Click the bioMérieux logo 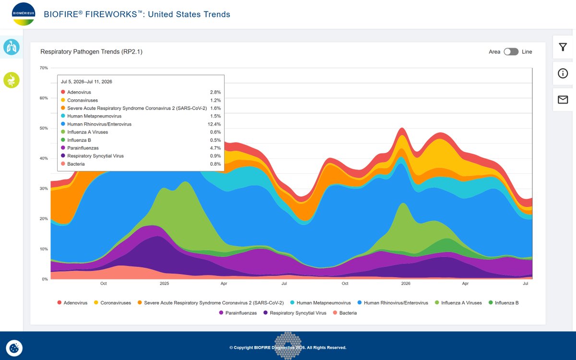[24, 14]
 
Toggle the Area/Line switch [511, 52]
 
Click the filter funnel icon [563, 47]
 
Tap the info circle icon [563, 73]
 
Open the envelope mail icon [563, 99]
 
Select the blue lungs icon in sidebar [12, 47]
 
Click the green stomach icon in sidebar [12, 80]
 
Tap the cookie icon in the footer [14, 348]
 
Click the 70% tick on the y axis [44, 68]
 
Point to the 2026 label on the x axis [406, 283]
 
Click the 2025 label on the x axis [164, 283]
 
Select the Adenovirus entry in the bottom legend [72, 303]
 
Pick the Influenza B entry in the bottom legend [504, 303]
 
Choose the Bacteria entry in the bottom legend [345, 313]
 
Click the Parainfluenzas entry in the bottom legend [238, 313]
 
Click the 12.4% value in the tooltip [214, 124]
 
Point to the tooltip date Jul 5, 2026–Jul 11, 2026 [86, 82]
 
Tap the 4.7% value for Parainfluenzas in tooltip [216, 148]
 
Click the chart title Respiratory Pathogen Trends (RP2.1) [91, 52]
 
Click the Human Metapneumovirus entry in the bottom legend [321, 303]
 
